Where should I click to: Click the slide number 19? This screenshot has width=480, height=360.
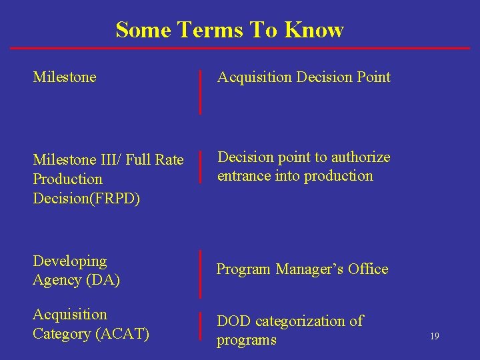434,337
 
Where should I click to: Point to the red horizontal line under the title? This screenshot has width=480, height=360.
240,48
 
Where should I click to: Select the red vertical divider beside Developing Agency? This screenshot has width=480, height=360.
201,273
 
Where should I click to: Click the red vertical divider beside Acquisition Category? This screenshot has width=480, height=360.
201,326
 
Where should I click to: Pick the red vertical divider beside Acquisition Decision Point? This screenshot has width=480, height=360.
201,91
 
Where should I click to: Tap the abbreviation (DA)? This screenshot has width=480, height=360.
103,280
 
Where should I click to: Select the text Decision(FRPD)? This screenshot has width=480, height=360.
87,199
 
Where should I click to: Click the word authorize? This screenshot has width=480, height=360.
357,157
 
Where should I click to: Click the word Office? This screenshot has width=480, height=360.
366,269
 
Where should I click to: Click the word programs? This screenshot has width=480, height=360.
246,340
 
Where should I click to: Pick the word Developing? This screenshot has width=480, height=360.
69,261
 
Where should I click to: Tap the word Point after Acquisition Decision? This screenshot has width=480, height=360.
373,77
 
